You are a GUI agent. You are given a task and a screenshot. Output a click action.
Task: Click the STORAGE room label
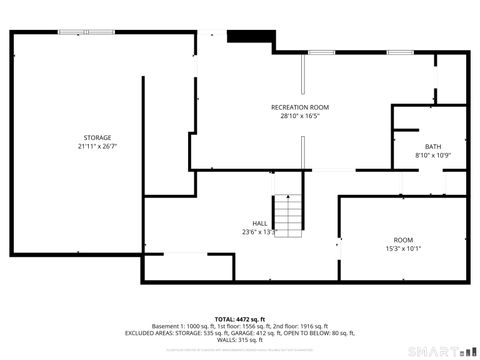[97, 137]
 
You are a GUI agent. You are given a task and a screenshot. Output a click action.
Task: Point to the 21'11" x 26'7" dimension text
[97, 146]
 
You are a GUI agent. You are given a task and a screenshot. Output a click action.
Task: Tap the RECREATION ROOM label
[300, 107]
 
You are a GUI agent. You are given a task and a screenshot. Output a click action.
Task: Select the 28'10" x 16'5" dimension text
[300, 116]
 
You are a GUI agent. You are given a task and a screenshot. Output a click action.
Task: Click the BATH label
[433, 146]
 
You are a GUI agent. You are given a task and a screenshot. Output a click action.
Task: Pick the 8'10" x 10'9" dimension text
[433, 155]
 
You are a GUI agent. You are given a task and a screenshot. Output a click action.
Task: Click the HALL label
[259, 223]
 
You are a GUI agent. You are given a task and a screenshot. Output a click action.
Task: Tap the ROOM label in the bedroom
[403, 240]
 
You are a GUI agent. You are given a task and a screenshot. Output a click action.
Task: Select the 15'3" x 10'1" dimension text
[403, 249]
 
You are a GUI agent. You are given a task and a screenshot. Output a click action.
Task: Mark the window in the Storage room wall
[76, 32]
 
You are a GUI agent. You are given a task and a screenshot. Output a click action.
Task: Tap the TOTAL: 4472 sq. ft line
[240, 318]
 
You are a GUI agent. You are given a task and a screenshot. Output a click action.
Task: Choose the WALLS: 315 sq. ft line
[240, 340]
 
